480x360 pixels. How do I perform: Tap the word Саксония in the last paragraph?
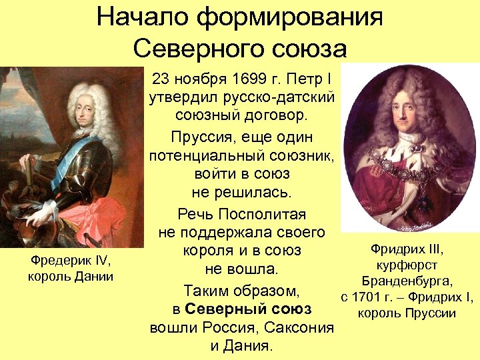[x=300, y=328]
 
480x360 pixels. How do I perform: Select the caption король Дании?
[x=71, y=276]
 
